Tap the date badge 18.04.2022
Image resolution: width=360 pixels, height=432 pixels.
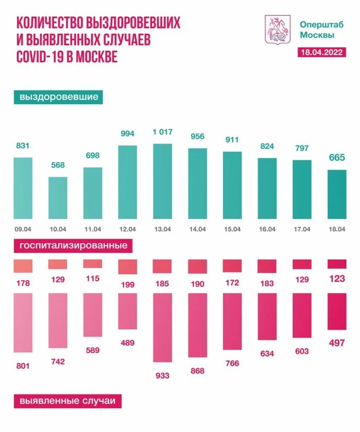point(322,52)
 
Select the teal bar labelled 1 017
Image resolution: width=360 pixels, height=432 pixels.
point(162,181)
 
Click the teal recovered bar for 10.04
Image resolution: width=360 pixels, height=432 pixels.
point(58,198)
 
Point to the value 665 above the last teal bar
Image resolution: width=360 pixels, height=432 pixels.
point(337,158)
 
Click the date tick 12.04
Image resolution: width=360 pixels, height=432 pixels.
point(127,229)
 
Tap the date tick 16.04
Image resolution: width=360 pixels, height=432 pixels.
point(267,229)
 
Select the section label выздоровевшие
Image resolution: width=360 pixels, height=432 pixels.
point(59,97)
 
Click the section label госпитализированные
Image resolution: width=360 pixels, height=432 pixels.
point(73,245)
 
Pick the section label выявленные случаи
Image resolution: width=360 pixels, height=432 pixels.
point(67,401)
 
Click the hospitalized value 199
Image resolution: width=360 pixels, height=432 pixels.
point(127,285)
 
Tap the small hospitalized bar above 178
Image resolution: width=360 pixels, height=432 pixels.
point(23,266)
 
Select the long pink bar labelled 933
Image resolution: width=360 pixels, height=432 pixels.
point(162,327)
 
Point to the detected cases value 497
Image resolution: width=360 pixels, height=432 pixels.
point(337,343)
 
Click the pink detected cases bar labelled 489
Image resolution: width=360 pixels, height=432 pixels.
point(127,311)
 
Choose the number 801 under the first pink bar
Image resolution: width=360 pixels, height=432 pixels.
point(23,366)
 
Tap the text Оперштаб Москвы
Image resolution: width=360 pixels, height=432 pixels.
point(322,30)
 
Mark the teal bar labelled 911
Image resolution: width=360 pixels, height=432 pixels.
point(232,185)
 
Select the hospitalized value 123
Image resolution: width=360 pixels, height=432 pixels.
point(337,278)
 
